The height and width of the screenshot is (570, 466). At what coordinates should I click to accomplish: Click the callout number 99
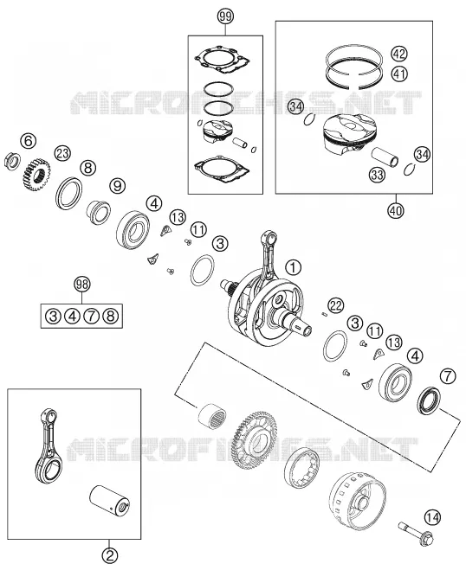[x=225, y=16]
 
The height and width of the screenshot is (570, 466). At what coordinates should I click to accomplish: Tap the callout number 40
[x=396, y=210]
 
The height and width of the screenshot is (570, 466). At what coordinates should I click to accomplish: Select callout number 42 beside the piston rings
[x=399, y=54]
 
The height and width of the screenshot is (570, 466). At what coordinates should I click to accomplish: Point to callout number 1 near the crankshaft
[x=294, y=267]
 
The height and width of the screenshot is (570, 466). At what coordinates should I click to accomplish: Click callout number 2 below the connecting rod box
[x=110, y=555]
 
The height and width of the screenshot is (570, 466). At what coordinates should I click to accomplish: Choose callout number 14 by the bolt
[x=432, y=517]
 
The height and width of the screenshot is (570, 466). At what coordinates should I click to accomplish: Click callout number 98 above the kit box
[x=82, y=285]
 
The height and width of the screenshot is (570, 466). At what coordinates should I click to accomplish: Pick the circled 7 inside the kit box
[x=91, y=317]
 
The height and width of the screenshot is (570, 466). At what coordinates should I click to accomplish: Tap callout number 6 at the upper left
[x=29, y=141]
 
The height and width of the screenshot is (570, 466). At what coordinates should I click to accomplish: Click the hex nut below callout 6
[x=10, y=161]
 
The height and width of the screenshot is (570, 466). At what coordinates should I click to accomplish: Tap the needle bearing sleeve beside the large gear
[x=212, y=414]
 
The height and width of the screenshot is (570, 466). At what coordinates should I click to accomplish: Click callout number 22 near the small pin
[x=335, y=305]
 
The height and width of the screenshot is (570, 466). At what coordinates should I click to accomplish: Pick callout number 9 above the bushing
[x=117, y=186]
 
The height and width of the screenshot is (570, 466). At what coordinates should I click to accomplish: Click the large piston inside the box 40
[x=349, y=135]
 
